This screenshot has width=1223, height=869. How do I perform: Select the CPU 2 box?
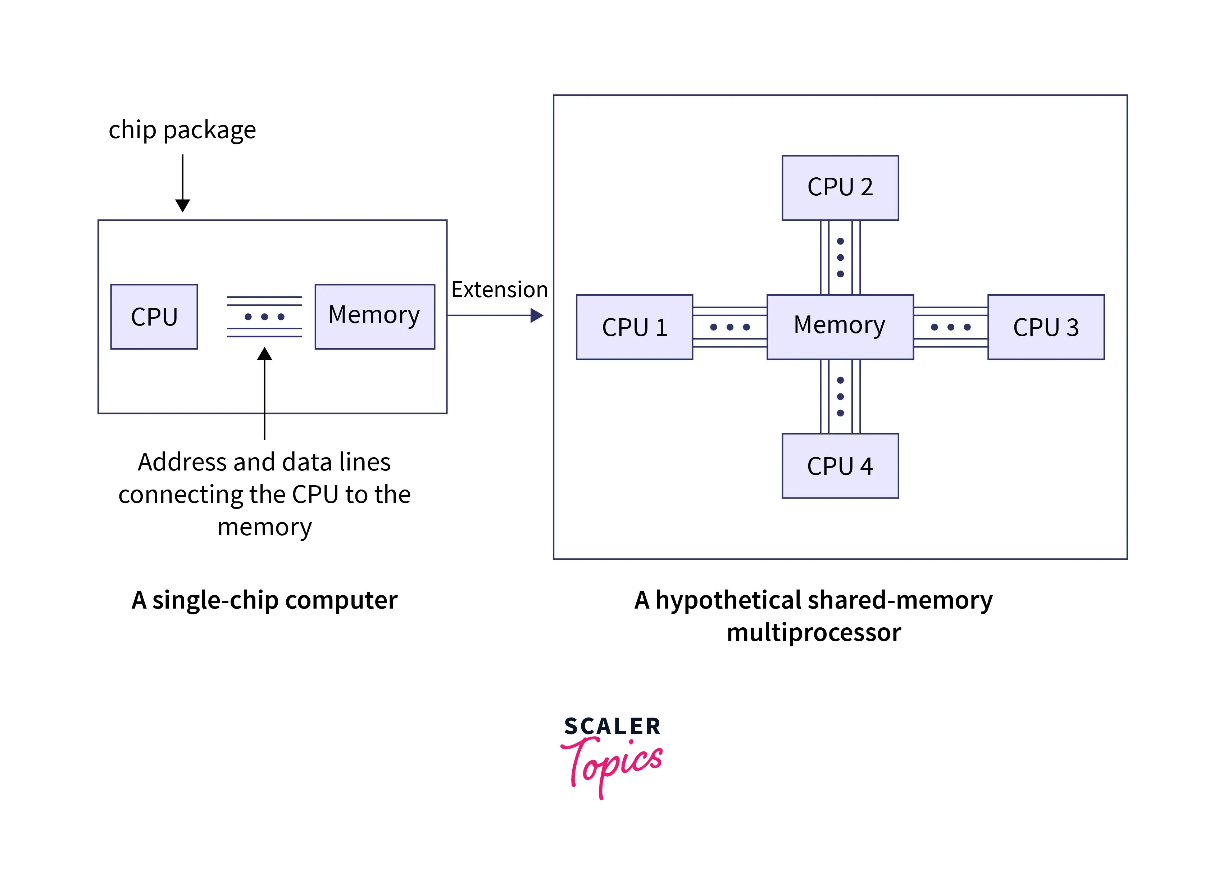(x=840, y=188)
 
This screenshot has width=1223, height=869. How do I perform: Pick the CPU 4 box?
(x=840, y=465)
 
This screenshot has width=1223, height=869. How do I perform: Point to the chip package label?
(x=182, y=130)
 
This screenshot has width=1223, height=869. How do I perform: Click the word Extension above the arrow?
(x=499, y=290)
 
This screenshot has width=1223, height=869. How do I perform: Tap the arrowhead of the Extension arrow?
(x=537, y=315)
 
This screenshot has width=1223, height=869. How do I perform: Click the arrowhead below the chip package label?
(x=182, y=205)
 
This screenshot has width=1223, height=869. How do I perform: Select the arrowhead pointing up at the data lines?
(x=264, y=354)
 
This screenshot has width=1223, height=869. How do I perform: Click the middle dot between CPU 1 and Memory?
(x=730, y=327)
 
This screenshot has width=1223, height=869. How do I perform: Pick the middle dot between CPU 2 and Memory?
(x=840, y=258)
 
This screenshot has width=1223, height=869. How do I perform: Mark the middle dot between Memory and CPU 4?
(x=840, y=396)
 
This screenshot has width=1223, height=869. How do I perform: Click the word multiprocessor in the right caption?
(x=813, y=632)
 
